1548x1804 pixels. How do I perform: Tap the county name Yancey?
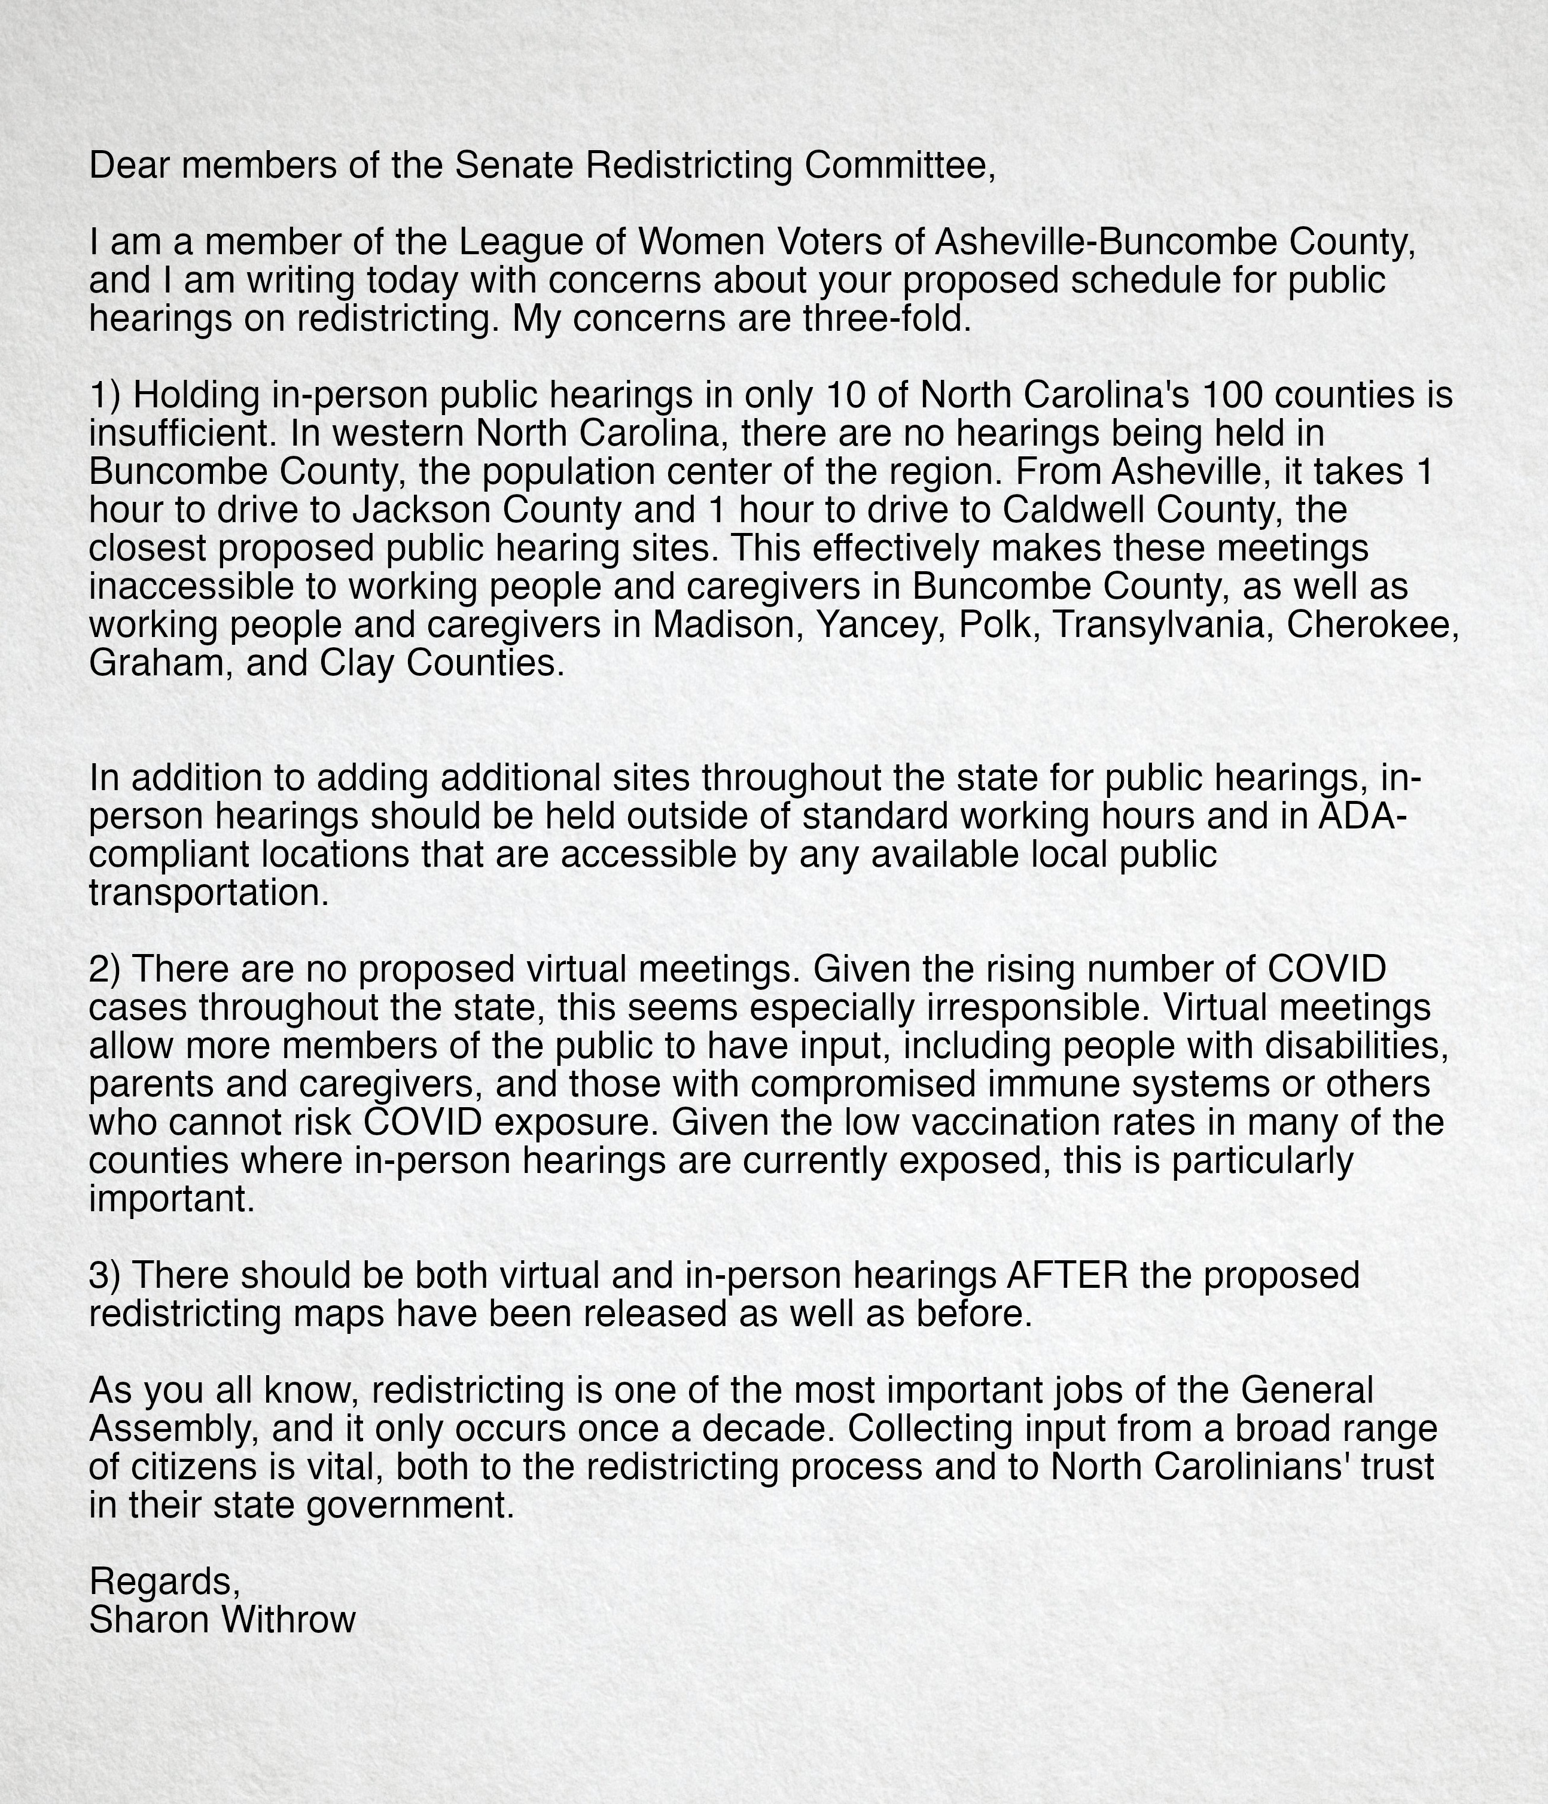(x=883, y=624)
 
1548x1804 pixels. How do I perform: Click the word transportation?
(x=209, y=892)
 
